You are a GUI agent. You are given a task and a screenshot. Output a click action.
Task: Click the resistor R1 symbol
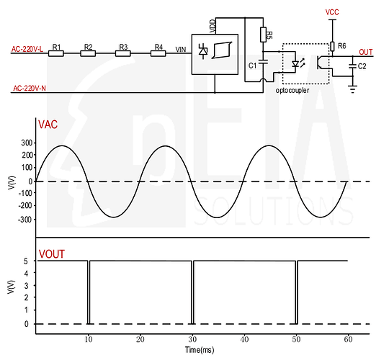[55, 53]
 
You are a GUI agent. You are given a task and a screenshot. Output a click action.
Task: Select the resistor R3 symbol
[123, 53]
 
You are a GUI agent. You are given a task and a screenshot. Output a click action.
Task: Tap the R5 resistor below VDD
[263, 35]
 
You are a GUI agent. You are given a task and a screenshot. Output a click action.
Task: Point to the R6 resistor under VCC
[332, 46]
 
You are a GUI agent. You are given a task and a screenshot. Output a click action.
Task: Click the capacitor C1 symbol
[263, 61]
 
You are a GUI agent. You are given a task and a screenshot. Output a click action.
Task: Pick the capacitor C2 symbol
[352, 66]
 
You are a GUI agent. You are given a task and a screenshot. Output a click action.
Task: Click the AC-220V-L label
[27, 49]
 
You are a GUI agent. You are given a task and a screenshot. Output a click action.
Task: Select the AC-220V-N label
[30, 89]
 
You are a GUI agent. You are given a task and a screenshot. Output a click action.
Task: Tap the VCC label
[332, 12]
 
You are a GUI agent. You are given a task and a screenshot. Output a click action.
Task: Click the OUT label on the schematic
[366, 52]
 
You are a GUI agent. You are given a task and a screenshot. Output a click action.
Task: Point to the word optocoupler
[292, 91]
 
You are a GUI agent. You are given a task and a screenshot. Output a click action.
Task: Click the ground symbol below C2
[352, 89]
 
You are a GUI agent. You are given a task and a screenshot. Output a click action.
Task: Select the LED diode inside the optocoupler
[295, 64]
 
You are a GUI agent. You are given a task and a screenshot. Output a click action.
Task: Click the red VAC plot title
[48, 125]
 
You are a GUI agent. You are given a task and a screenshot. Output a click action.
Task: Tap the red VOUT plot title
[52, 254]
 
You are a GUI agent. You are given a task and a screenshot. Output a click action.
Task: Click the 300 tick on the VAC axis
[27, 143]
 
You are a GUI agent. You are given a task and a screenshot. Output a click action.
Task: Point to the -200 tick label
[25, 205]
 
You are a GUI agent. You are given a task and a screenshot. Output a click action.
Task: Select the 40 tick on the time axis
[244, 339]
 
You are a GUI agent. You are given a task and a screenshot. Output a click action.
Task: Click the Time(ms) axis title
[200, 350]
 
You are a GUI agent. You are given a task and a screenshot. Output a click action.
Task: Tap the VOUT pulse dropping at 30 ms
[192, 292]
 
